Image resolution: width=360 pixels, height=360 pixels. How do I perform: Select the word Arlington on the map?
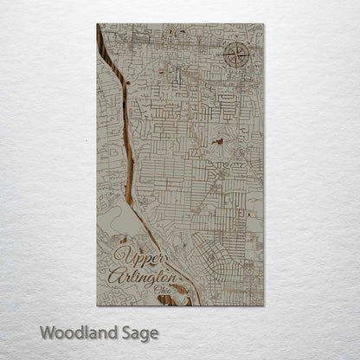[142, 277]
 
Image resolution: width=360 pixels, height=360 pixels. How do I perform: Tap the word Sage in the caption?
[136, 333]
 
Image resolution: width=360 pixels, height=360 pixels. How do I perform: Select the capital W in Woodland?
[45, 332]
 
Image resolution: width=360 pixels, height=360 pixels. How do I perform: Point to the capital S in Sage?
[123, 332]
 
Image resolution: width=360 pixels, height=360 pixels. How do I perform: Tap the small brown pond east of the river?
[218, 140]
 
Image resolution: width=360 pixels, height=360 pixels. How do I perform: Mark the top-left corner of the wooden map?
[98, 25]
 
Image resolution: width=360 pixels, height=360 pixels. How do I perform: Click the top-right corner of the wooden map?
[263, 25]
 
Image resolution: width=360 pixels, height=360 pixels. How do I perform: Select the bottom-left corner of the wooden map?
[98, 305]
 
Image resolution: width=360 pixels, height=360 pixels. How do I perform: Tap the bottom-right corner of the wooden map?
[263, 305]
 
